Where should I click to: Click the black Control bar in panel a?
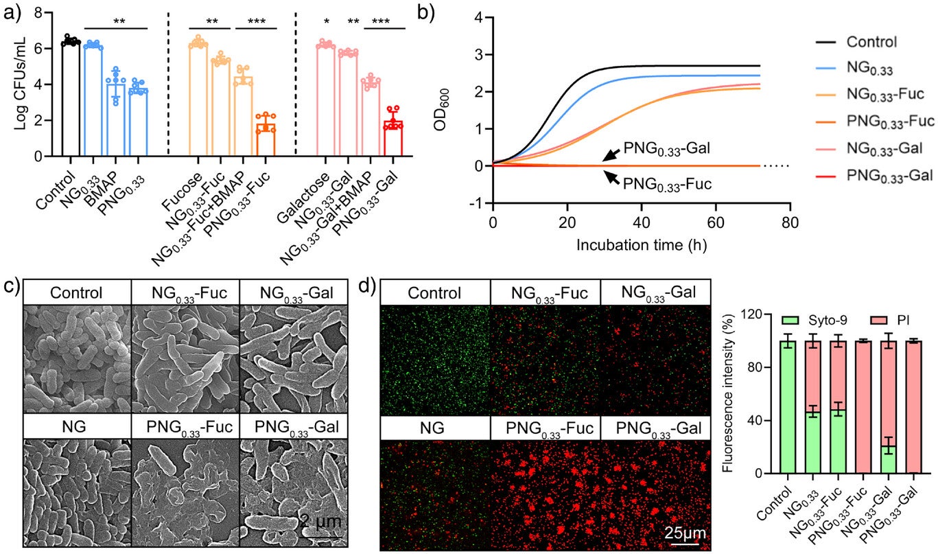tap(71, 100)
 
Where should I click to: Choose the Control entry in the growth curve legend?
tap(871, 43)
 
